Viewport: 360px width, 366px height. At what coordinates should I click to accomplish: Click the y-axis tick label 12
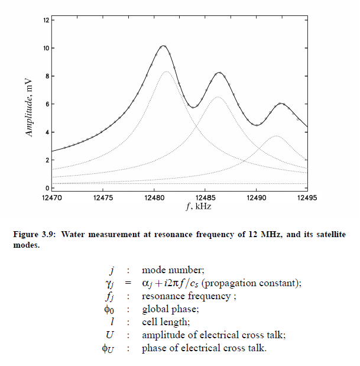pos(46,20)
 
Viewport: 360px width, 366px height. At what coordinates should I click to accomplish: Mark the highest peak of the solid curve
pos(164,46)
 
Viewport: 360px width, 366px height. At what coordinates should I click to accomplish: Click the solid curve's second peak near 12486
pos(219,73)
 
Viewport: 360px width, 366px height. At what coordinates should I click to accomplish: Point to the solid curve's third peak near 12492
pos(282,103)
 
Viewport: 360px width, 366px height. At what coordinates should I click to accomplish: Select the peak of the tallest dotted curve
pos(167,72)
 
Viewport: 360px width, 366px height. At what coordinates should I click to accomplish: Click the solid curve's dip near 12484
pos(193,108)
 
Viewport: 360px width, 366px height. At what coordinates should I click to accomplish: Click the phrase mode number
pos(171,271)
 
